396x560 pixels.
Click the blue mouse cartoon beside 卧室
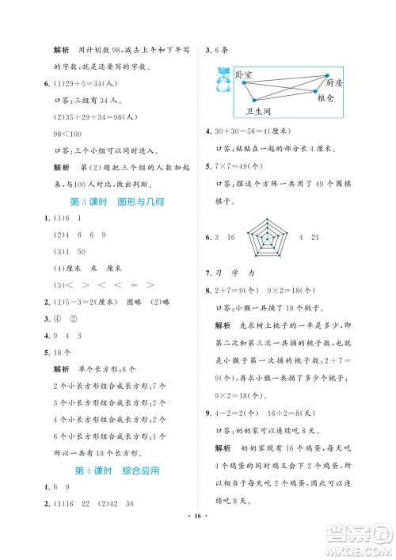[223, 79]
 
